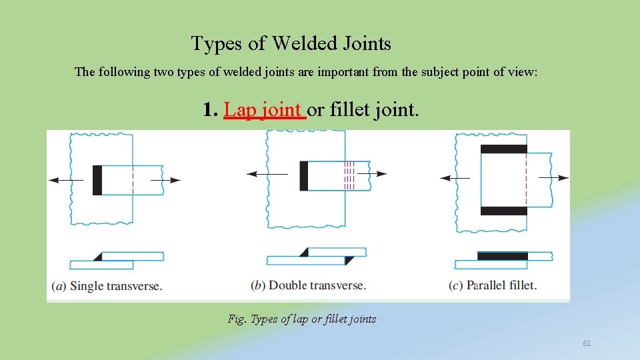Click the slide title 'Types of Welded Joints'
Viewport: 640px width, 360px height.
pos(291,44)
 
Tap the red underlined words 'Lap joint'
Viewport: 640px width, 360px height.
pos(264,109)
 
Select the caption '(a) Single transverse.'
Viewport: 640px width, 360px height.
pos(107,286)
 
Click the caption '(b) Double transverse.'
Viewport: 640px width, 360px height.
pos(308,285)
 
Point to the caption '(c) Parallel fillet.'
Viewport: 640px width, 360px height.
pos(493,285)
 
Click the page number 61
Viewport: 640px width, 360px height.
pos(587,343)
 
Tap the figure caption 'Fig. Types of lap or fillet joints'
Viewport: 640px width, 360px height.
pos(302,319)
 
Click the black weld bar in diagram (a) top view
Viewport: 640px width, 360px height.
pos(97,180)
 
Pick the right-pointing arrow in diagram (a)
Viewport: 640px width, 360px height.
pos(167,180)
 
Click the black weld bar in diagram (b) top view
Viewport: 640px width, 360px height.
pos(304,176)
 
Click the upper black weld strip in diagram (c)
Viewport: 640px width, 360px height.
pos(503,149)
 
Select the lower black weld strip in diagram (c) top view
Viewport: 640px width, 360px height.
pos(503,211)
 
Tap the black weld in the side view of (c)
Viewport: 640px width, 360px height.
pos(503,256)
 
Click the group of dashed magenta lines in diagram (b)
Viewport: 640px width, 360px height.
pos(349,175)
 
